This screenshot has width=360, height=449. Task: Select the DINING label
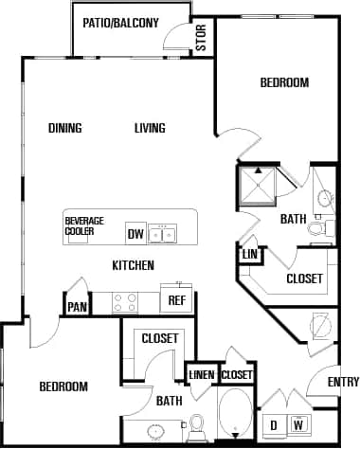coord(65,129)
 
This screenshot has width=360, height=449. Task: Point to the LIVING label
coord(150,129)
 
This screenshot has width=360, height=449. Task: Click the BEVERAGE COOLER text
coord(84,226)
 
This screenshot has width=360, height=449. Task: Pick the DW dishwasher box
coord(135,233)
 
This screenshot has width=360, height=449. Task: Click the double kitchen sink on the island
coord(166,233)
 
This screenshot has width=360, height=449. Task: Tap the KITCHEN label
coord(134,265)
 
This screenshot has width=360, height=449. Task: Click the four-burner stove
coord(125,301)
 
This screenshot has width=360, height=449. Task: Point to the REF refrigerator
coord(176,301)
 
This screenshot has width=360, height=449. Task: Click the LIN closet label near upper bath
coord(249,255)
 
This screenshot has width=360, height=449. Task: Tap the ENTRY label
coord(343,382)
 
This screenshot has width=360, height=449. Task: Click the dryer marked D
coord(273,423)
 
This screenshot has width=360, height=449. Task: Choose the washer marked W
coord(300,423)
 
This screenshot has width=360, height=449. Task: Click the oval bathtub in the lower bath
coord(236,415)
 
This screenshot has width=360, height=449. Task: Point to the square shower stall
coord(257,187)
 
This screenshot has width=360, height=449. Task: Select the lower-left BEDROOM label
coord(63,386)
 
